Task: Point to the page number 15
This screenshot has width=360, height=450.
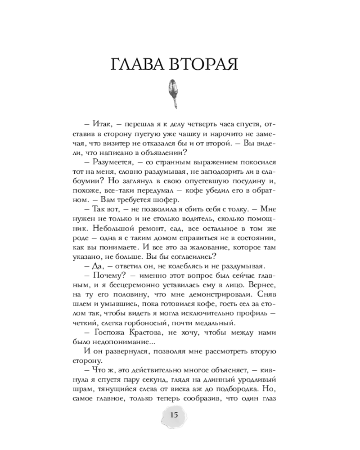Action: (x=174, y=414)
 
